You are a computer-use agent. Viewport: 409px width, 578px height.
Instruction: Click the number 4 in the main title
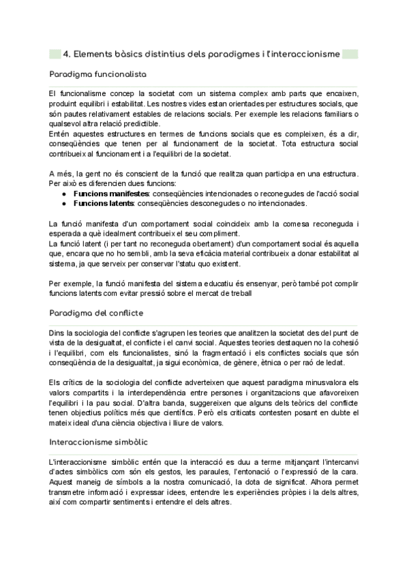[x=65, y=54]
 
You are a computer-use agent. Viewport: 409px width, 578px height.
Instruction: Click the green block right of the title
[x=350, y=54]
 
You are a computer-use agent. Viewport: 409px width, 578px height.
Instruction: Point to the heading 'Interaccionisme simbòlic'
[x=99, y=423]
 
